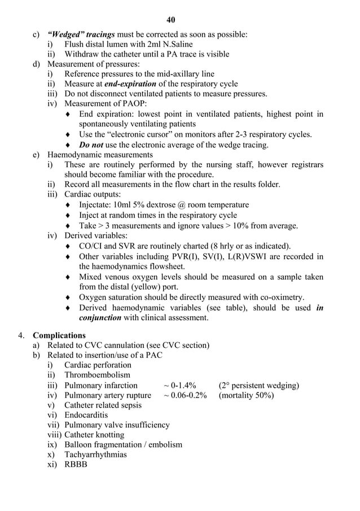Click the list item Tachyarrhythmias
[x=95, y=455]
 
